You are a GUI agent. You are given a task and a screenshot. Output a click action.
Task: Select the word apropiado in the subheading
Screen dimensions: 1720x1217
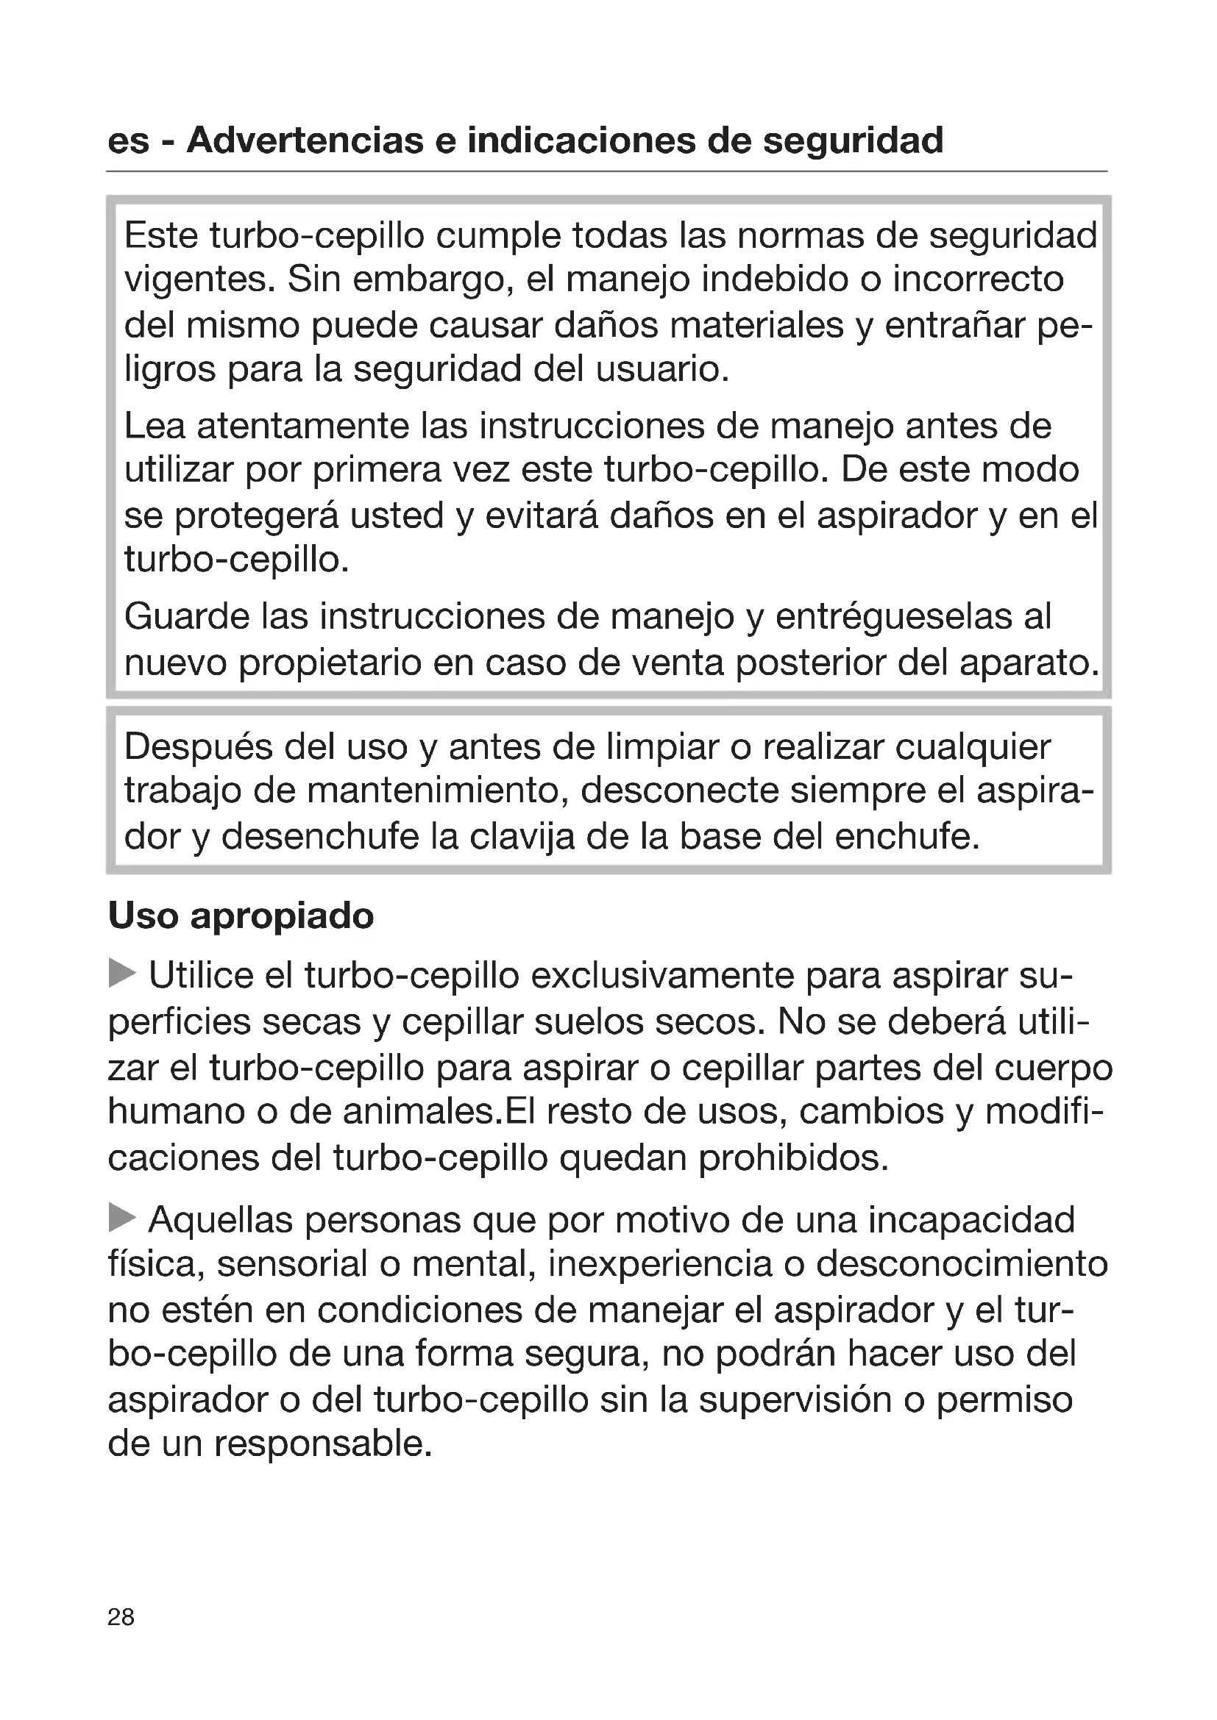point(282,916)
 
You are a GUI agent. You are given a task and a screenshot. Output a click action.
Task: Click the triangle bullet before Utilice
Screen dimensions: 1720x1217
point(122,974)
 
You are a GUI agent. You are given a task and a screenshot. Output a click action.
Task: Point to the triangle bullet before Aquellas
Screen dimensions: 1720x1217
point(122,1218)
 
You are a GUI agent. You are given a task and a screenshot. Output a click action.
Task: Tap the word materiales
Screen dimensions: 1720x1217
point(756,326)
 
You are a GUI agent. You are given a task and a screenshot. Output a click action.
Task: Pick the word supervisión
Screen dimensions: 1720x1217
point(795,1400)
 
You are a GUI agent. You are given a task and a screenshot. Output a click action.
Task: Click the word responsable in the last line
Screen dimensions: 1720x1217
point(323,1444)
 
